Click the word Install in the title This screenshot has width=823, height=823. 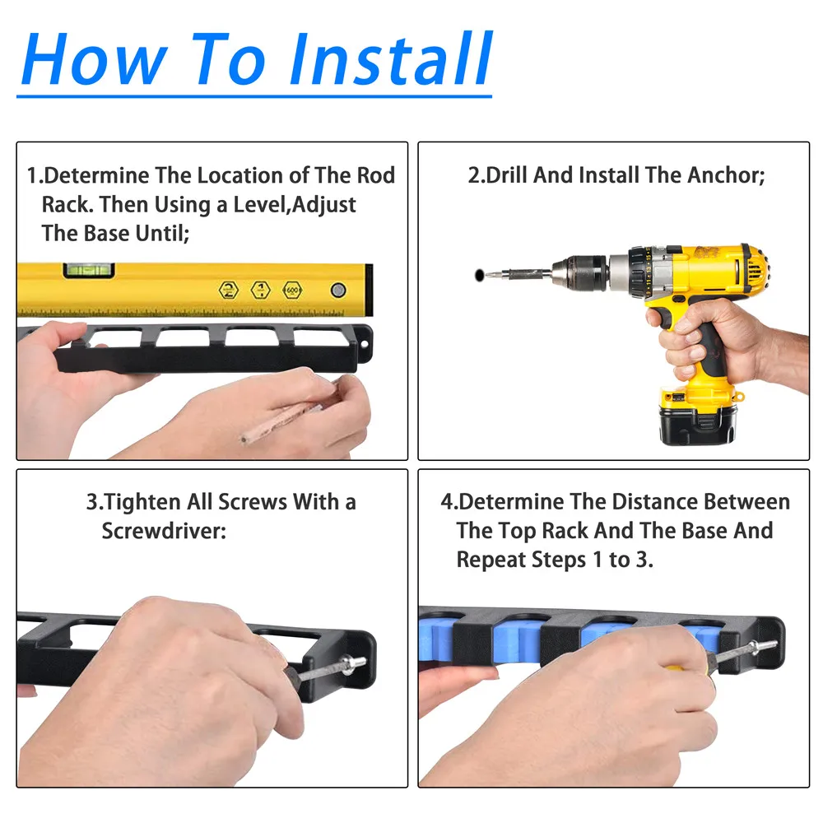pos(391,58)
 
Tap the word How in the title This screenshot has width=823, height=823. pos(95,58)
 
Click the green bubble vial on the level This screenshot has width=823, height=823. pos(89,270)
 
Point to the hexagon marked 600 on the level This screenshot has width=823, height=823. pos(292,291)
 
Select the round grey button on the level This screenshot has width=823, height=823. pos(338,290)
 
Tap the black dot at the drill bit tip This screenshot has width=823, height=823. pos(479,275)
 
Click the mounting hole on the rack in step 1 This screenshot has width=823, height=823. pos(365,344)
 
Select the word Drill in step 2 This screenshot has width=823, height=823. pos(506,175)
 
